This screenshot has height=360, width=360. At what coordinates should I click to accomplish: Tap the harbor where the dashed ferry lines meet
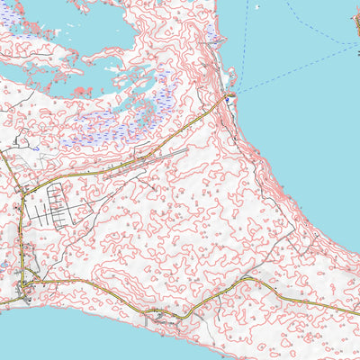232,94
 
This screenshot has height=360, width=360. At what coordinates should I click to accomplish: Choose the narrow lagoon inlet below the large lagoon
36,72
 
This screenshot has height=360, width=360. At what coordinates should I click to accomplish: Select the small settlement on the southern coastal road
159,314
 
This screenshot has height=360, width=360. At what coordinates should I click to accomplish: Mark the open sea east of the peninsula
306,135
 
